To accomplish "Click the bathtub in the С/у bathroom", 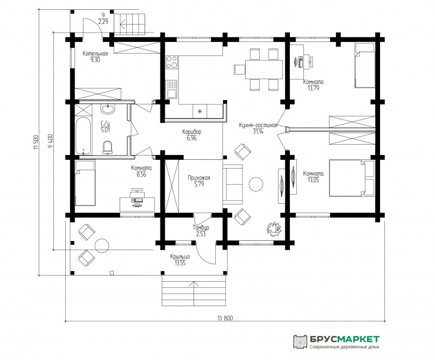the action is click(x=83, y=136).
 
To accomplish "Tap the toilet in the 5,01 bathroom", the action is click(x=107, y=147).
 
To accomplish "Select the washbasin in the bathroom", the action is click(x=108, y=109).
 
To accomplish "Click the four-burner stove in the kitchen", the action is click(x=172, y=62).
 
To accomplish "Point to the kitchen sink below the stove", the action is click(x=171, y=89).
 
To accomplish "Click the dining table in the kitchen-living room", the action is click(x=263, y=70).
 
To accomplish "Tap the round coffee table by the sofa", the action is click(x=256, y=184).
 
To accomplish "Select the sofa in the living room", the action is click(x=233, y=184).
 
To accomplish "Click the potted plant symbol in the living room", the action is click(x=274, y=229).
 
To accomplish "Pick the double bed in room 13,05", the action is click(x=352, y=178).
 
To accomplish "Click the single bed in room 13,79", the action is click(x=365, y=65).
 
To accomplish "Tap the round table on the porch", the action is click(x=102, y=245).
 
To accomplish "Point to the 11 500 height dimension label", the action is click(x=35, y=142).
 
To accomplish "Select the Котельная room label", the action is click(x=95, y=53).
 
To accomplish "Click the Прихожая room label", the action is click(x=199, y=178).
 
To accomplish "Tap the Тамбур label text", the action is click(x=201, y=228).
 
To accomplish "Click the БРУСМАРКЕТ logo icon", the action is click(x=300, y=342).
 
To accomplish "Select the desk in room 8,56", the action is click(x=137, y=204).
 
